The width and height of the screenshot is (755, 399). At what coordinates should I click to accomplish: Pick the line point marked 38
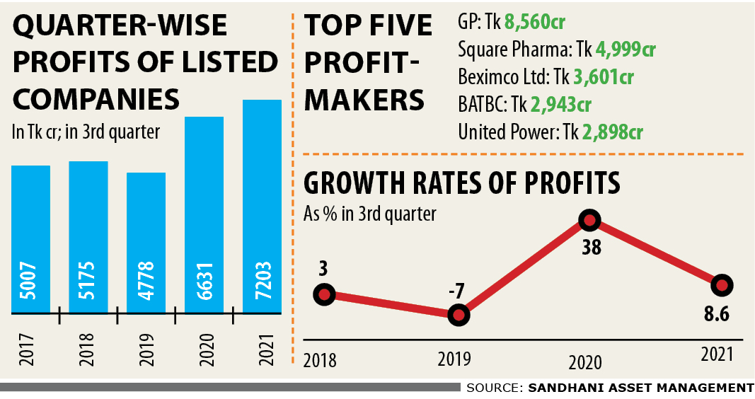click(589, 221)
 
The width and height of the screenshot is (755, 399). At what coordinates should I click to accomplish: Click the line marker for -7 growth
click(459, 314)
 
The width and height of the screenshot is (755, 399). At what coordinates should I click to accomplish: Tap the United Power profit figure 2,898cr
click(613, 132)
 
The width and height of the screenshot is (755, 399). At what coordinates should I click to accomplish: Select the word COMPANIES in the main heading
click(97, 99)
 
